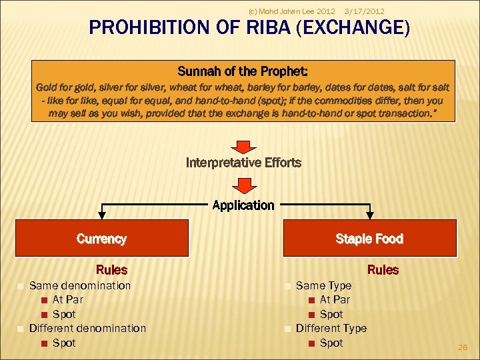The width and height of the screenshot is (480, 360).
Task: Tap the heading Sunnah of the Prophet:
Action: point(243,71)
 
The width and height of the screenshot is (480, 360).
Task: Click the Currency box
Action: point(101,239)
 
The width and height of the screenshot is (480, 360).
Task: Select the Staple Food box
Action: point(369,239)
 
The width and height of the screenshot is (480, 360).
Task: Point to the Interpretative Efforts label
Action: point(243,163)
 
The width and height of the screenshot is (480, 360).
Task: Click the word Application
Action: point(243,205)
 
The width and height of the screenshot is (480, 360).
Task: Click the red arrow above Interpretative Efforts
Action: point(243,146)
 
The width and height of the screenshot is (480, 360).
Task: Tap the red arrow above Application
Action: point(243,185)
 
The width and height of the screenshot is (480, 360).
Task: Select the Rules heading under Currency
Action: point(111,270)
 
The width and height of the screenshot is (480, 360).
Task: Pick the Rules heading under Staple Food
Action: point(383,270)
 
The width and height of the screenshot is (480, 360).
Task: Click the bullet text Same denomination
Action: point(80,285)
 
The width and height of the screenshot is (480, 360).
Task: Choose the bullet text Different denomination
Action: point(87,328)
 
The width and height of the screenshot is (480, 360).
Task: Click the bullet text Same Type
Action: point(323,285)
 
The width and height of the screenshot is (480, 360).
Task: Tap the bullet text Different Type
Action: point(331,328)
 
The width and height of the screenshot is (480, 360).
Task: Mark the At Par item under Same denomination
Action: point(68,299)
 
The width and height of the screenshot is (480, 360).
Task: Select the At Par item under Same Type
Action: point(335,299)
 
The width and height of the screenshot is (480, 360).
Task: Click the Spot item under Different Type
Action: point(331,343)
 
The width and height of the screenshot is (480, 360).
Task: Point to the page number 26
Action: point(463,347)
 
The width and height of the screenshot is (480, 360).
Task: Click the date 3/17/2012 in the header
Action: point(364,11)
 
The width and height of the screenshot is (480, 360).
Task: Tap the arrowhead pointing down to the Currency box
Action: point(101,215)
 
